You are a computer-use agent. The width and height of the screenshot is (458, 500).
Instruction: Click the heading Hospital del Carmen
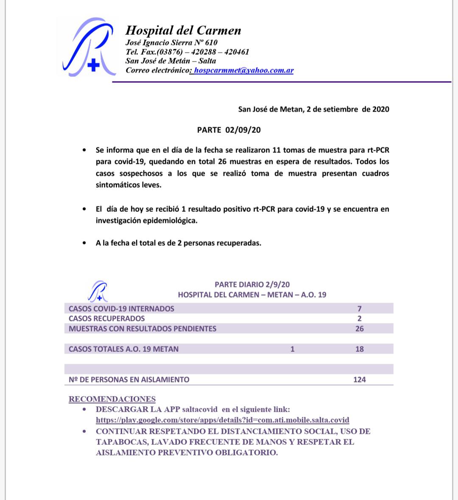coord(183,31)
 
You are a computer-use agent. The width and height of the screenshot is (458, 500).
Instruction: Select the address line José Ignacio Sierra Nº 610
coord(171,42)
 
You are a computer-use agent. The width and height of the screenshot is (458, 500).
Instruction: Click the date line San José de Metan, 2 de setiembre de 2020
coord(313,109)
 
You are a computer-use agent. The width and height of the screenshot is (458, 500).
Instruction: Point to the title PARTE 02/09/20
coord(229,130)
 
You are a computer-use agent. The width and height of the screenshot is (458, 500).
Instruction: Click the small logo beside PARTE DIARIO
coord(98,291)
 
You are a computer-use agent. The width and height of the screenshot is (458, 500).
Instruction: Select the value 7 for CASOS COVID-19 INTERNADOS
coord(359,309)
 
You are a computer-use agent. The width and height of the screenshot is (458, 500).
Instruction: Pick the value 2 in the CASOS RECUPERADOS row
coord(359,318)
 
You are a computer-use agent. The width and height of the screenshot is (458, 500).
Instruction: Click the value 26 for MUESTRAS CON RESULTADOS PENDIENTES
coord(359,329)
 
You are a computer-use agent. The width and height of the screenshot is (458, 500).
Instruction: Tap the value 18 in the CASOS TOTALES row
coord(359,349)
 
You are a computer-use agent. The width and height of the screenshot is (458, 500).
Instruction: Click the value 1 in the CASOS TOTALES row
coord(293,349)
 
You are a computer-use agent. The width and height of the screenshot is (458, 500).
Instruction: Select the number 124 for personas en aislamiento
coord(359,379)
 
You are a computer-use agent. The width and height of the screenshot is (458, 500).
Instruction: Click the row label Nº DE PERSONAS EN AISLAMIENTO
coord(129,379)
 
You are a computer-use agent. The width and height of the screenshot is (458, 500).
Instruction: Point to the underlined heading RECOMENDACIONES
coord(112,399)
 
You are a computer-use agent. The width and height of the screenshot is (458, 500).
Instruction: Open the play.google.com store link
coord(222,420)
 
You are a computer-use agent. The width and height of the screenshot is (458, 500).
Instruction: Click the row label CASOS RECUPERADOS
coord(106,318)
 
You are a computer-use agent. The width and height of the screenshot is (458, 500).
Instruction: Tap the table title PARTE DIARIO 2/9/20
coord(252,284)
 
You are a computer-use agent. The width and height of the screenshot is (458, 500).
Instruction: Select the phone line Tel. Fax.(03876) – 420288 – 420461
coord(187,52)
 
